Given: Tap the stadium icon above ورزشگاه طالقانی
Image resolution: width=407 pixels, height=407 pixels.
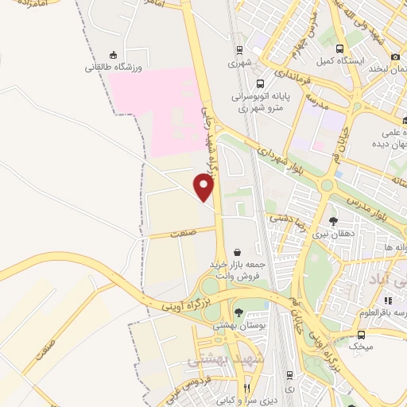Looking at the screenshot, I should tap(113, 55).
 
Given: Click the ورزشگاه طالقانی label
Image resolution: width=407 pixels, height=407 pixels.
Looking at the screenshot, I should tap(113, 68).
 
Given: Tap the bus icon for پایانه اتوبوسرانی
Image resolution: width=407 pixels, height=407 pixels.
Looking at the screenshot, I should tap(260, 83).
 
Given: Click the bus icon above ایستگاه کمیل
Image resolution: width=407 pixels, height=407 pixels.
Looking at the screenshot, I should tap(340, 48).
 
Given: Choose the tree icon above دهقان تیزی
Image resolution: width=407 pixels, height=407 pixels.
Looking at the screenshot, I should tap(333, 222).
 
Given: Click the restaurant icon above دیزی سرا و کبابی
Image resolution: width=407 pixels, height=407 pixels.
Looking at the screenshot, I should tap(247, 387).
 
